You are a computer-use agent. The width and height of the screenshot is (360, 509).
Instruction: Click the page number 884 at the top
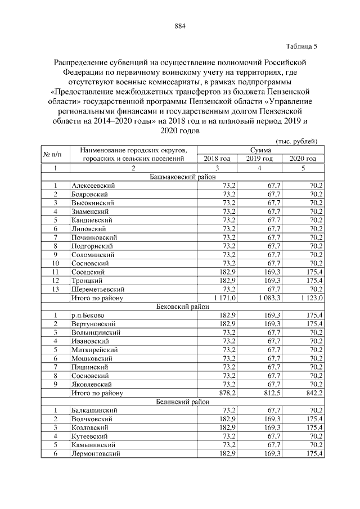(x=180, y=26)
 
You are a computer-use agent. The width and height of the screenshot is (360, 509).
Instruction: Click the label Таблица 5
(x=302, y=46)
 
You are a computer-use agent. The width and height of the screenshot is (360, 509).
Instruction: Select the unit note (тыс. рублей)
(x=296, y=141)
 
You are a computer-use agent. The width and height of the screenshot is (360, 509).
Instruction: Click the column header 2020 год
(x=303, y=159)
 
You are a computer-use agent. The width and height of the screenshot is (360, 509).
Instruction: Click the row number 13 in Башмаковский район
(x=55, y=289)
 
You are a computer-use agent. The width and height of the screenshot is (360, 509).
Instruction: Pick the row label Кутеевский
(x=90, y=436)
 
